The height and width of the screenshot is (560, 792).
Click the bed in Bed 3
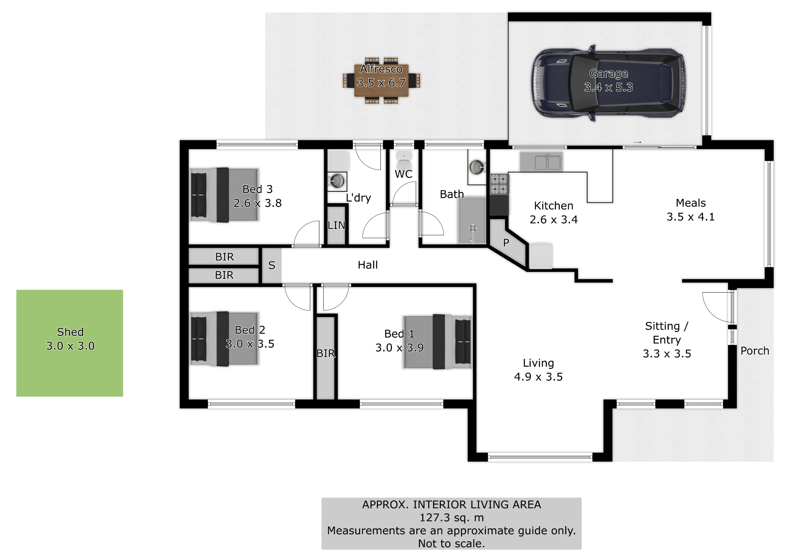pyautogui.click(x=224, y=195)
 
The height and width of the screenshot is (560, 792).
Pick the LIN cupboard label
pyautogui.click(x=336, y=225)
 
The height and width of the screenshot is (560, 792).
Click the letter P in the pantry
pyautogui.click(x=506, y=243)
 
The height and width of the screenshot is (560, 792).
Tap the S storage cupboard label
pyautogui.click(x=272, y=265)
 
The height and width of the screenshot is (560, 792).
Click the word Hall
pyautogui.click(x=368, y=265)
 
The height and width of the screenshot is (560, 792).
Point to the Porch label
pyautogui.click(x=755, y=351)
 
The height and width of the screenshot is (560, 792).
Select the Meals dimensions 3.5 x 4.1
pyautogui.click(x=691, y=217)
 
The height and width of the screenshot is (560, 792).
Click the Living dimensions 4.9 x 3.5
pyautogui.click(x=538, y=377)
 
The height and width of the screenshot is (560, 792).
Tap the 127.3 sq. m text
pyautogui.click(x=451, y=518)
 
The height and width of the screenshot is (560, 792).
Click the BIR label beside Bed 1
pyautogui.click(x=326, y=353)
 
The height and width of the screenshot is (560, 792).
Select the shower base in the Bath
pyautogui.click(x=471, y=221)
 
